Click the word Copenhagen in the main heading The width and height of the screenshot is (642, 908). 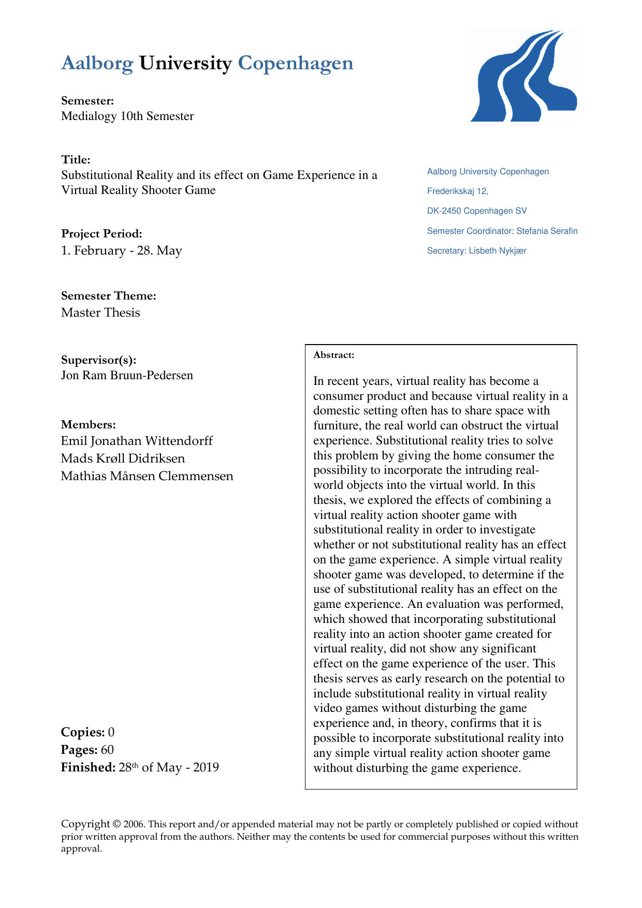tap(296, 63)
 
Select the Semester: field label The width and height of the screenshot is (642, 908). tap(87, 100)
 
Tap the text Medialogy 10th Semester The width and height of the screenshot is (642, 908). tap(127, 116)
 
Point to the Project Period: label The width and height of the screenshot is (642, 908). tap(101, 233)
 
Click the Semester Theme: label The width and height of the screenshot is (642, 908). tap(109, 295)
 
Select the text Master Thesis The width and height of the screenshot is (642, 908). tap(100, 312)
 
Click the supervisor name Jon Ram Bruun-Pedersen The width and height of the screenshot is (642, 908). tap(127, 375)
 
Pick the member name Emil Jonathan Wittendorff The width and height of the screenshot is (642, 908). tap(137, 441)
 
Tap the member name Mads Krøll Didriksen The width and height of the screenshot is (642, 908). tap(123, 458)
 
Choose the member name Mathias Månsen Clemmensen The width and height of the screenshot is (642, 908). tap(147, 476)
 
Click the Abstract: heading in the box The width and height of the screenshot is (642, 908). tap(334, 355)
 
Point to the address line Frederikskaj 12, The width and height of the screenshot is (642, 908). tap(458, 191)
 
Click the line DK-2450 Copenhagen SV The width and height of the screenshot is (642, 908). tap(477, 211)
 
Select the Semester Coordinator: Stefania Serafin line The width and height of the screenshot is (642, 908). tap(502, 231)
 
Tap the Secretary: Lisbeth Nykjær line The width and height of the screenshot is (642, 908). tap(476, 251)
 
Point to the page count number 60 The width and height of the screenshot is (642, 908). tap(107, 750)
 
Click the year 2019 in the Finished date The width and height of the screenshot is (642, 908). tap(206, 767)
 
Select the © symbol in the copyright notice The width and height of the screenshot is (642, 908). tap(117, 824)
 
